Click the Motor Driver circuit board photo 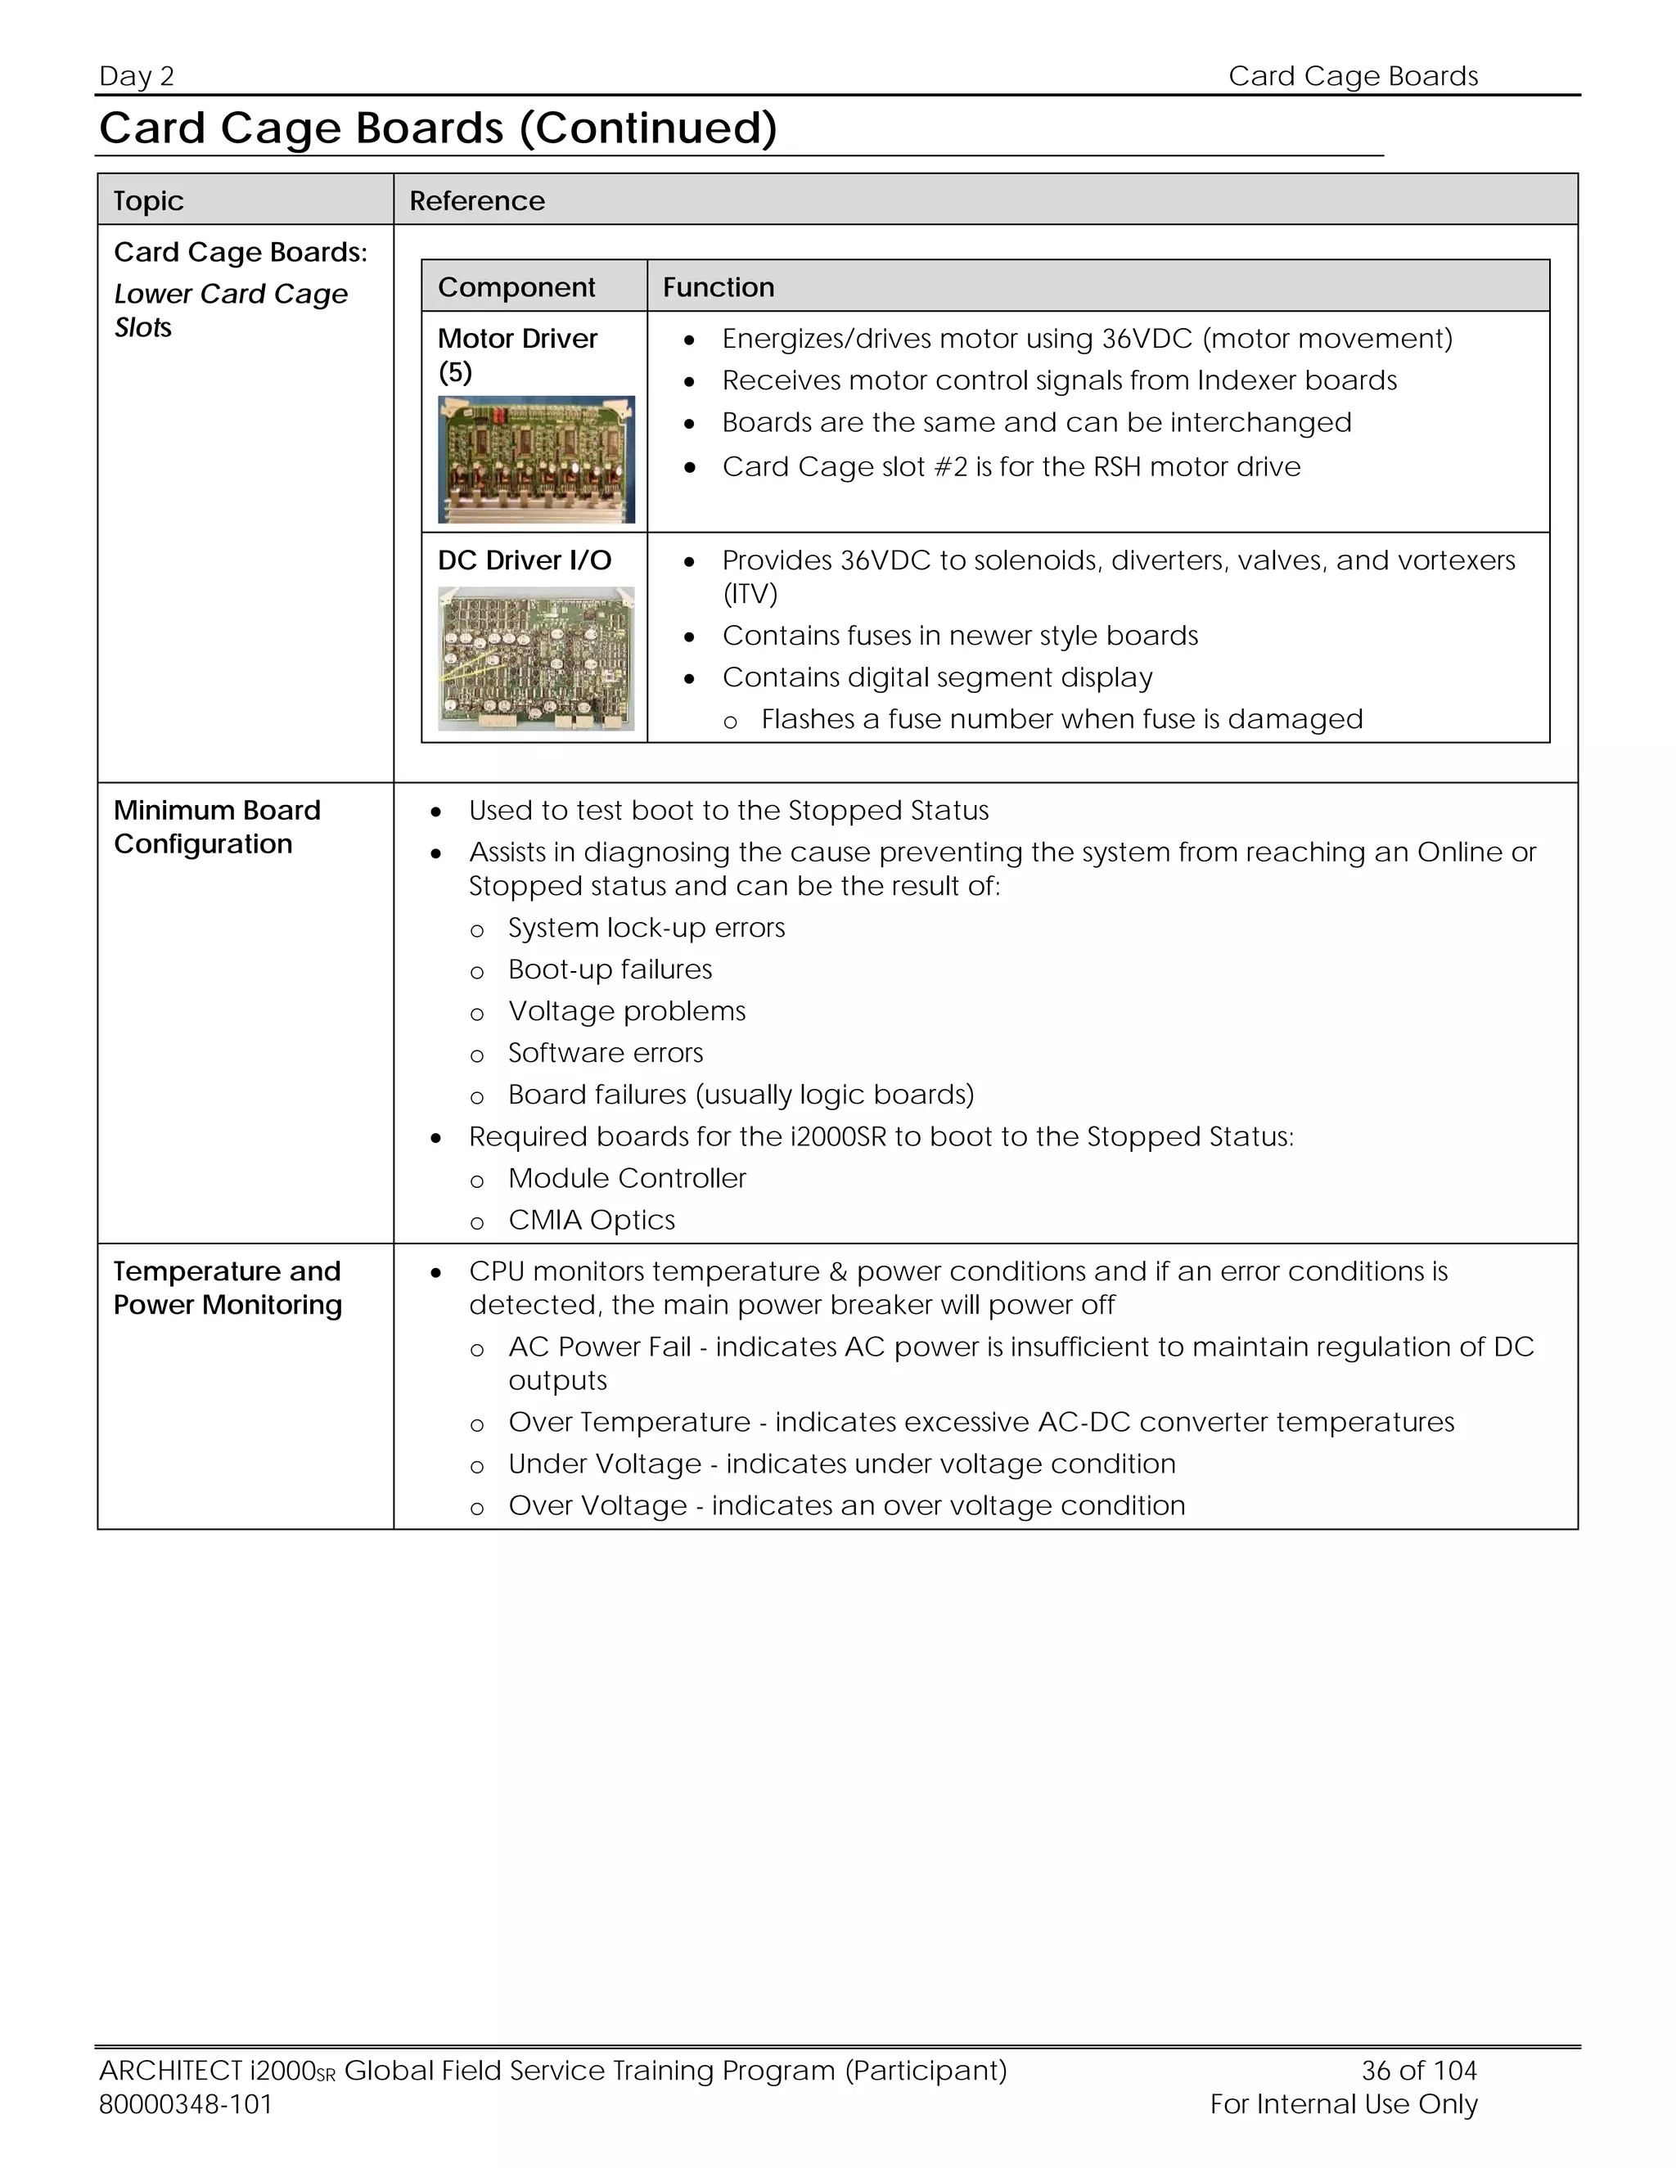(x=536, y=460)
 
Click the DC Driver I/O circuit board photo (x=536, y=659)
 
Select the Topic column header (x=148, y=200)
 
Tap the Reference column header (x=476, y=200)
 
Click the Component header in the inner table (x=516, y=287)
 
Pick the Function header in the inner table (x=718, y=287)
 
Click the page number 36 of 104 (x=1418, y=2070)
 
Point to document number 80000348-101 (x=186, y=2103)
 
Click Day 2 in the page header (x=137, y=76)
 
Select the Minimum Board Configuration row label (x=216, y=827)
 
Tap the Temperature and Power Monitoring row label (x=228, y=1288)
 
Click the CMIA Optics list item (x=591, y=1220)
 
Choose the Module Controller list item (x=627, y=1178)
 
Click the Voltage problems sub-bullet (x=627, y=1011)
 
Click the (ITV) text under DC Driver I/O (x=750, y=594)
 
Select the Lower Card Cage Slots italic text (x=230, y=310)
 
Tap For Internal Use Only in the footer (x=1344, y=2103)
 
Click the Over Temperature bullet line (x=980, y=1423)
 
